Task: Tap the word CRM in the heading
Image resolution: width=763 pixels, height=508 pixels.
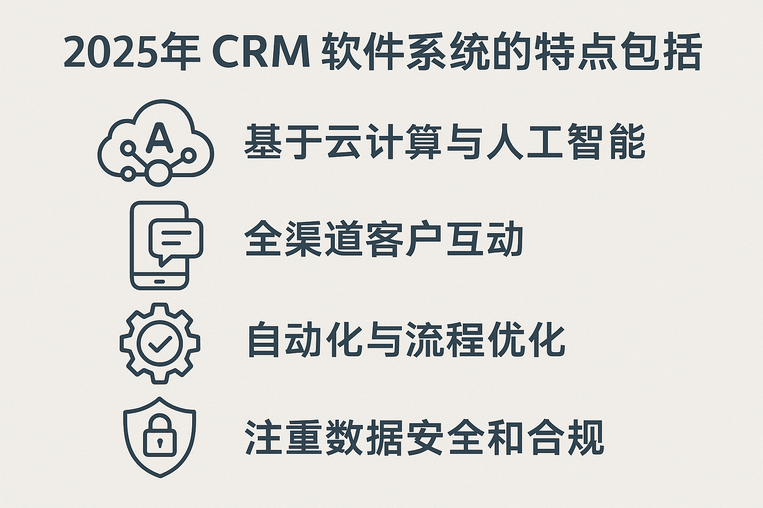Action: click(x=261, y=52)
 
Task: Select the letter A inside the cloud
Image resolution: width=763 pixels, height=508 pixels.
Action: click(x=159, y=137)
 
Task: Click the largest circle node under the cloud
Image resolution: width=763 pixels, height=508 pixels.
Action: click(x=158, y=173)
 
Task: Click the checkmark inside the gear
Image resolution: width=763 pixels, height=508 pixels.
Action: click(x=160, y=344)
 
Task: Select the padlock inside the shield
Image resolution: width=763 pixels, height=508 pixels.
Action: click(x=160, y=436)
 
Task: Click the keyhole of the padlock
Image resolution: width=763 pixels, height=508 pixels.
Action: click(x=160, y=443)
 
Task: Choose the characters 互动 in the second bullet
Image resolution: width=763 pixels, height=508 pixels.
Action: click(x=485, y=239)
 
